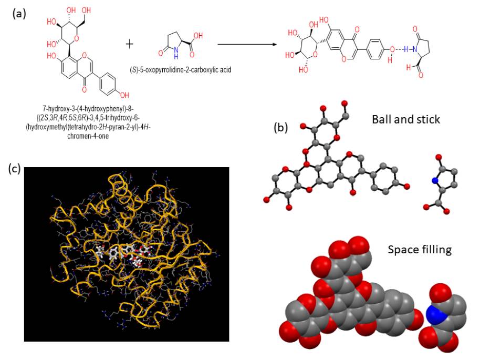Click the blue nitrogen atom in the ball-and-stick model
[435, 181]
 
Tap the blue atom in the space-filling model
[435, 315]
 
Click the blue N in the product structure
[415, 50]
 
